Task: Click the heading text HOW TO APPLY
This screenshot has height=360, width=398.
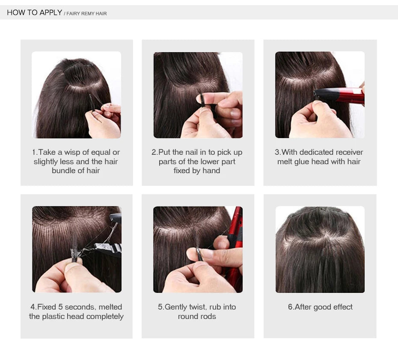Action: tap(34, 12)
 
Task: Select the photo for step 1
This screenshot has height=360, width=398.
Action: tap(76, 94)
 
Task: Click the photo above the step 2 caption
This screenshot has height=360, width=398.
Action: tap(198, 94)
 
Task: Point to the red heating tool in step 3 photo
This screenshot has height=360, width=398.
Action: tap(340, 96)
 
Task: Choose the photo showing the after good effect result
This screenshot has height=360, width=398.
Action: tap(320, 249)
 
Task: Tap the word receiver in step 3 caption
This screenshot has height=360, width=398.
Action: tap(349, 152)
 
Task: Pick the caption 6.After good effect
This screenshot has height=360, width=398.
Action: tap(320, 307)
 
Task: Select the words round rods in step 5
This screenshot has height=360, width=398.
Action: tap(197, 316)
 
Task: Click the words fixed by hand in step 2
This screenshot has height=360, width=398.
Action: tap(197, 171)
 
